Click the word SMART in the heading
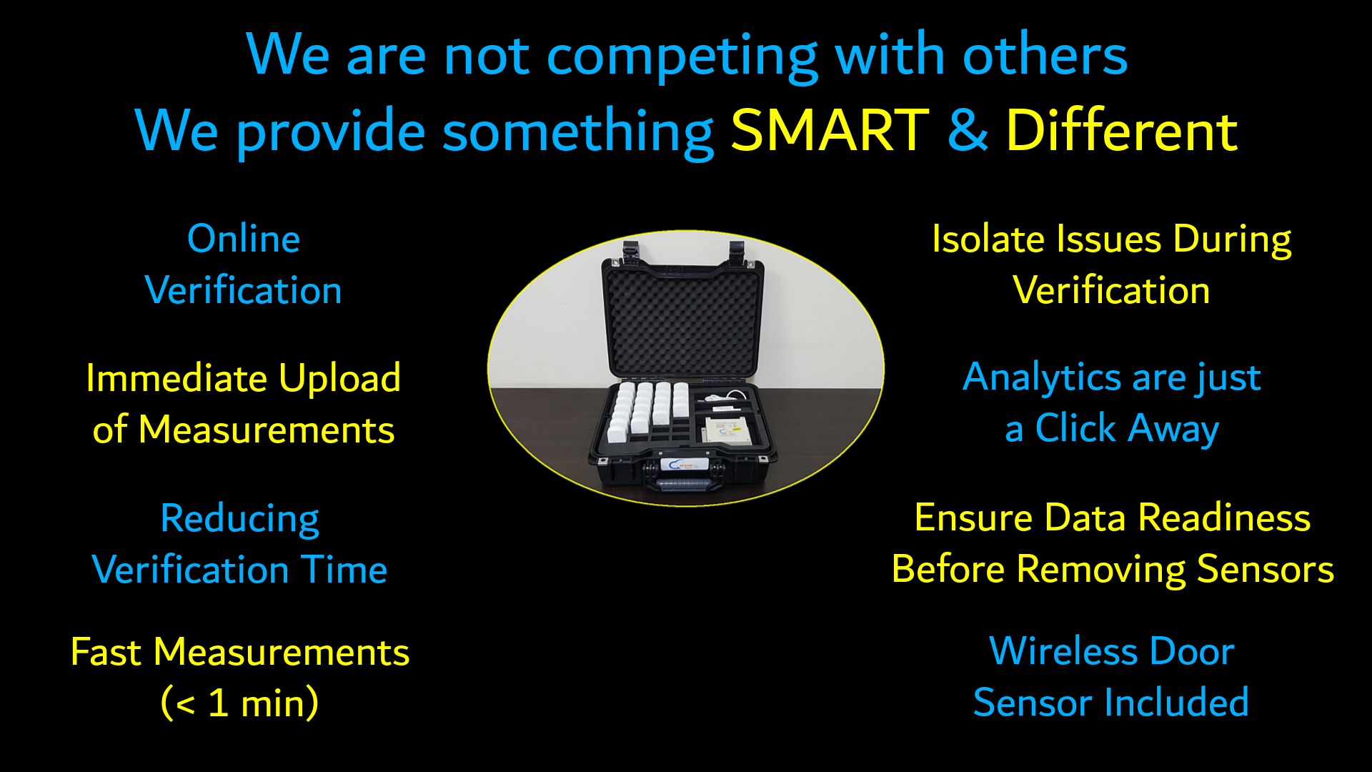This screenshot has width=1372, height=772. point(830,130)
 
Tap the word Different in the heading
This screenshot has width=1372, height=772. point(1122,130)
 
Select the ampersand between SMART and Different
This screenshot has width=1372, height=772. point(968,130)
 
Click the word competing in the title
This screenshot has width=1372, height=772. point(682,56)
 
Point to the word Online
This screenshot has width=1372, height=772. point(244,238)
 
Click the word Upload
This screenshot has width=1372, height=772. point(340,378)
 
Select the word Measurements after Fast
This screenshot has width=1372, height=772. point(282,652)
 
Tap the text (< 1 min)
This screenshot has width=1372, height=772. point(240,703)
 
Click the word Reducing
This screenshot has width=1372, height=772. point(240,519)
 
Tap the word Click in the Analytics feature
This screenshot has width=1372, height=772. point(1075,428)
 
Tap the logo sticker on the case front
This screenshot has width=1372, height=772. point(685,465)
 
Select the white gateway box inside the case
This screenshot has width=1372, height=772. point(728,430)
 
